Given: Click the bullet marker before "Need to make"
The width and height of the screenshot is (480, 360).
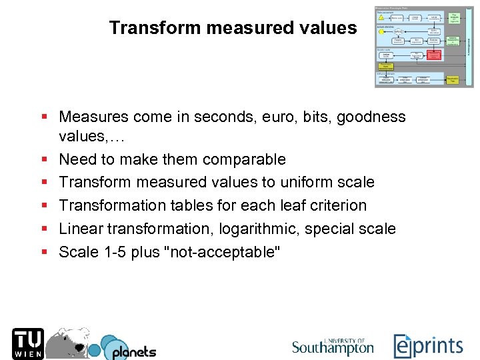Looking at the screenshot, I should tap(44, 159).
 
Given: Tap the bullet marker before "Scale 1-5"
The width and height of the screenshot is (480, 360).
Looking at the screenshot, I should tap(44, 252).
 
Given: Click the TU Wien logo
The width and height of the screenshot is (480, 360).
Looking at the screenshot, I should tap(28, 343).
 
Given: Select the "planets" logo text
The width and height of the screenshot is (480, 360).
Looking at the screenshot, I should tap(133, 351).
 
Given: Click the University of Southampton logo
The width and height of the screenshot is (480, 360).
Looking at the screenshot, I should tap(333, 346).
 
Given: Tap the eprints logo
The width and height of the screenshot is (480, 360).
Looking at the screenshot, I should tap(427, 345).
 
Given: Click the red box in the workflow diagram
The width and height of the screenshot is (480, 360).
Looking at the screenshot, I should tap(433, 55).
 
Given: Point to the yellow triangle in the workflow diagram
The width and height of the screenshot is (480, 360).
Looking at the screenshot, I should tap(381, 17).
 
